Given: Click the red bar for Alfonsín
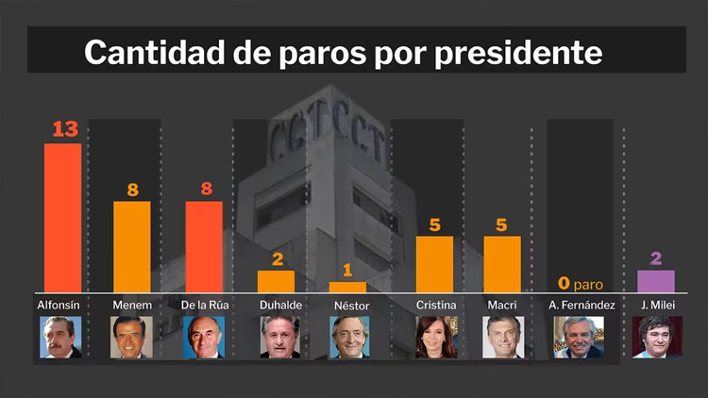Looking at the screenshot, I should pyautogui.click(x=63, y=218).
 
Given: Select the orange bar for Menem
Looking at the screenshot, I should pyautogui.click(x=132, y=247).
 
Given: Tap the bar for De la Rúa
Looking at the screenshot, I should pyautogui.click(x=204, y=247).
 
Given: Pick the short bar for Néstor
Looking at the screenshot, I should pyautogui.click(x=347, y=287).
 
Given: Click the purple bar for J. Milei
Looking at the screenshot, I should pyautogui.click(x=656, y=281).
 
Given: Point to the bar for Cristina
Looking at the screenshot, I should pyautogui.click(x=434, y=264).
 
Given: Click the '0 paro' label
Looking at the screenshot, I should pyautogui.click(x=580, y=282).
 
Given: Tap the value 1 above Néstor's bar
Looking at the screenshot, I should pyautogui.click(x=347, y=271).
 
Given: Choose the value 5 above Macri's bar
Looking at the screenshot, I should pyautogui.click(x=502, y=224).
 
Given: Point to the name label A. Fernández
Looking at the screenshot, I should pyautogui.click(x=582, y=305).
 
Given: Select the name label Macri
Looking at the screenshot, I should pyautogui.click(x=503, y=305).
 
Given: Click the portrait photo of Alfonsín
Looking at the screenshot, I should pyautogui.click(x=60, y=337).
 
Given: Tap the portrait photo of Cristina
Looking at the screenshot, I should pyautogui.click(x=436, y=337).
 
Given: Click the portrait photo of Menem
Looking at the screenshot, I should pyautogui.click(x=131, y=337).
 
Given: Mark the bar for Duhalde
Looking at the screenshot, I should pyautogui.click(x=277, y=282).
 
